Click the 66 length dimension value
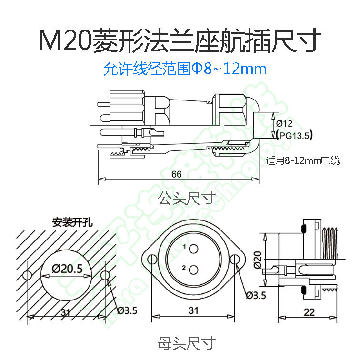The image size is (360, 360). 177,174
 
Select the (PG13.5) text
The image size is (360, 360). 294,136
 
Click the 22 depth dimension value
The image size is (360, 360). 309,312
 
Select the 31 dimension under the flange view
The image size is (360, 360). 193,311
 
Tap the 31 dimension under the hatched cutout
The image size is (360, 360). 66,312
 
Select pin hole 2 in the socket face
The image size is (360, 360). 193,270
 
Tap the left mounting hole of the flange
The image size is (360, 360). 152,260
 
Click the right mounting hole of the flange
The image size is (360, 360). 235,260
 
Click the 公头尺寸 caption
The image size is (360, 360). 186,197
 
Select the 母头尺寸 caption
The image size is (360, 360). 186,342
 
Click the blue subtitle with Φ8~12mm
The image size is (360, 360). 185,69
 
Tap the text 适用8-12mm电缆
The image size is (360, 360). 303,161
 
